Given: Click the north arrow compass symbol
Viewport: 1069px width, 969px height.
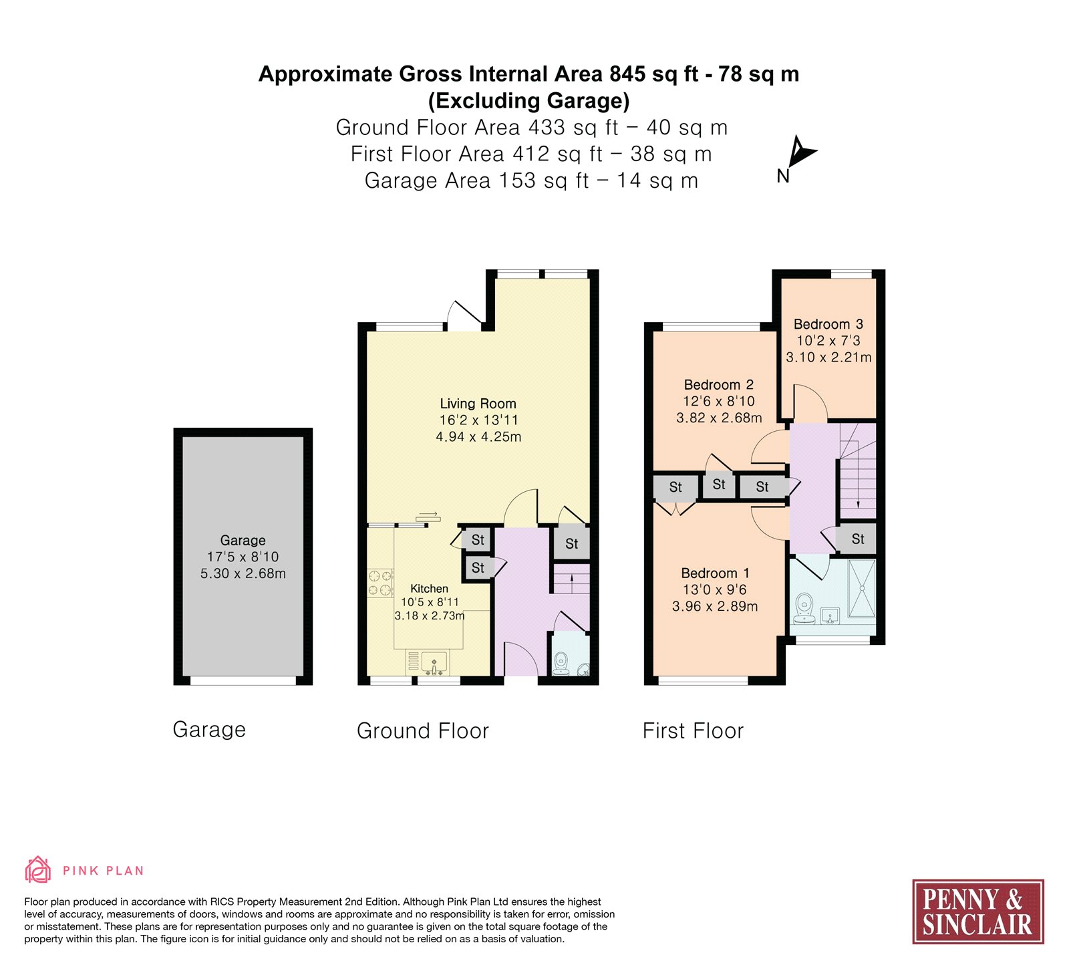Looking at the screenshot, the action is pos(800,152).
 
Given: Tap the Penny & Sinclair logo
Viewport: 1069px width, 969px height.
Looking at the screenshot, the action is pos(978,912).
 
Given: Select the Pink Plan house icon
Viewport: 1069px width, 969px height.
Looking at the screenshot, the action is pos(38,869).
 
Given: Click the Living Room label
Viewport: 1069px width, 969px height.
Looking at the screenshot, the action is pos(478,404).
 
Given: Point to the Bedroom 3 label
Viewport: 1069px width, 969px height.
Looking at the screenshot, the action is pos(828,324).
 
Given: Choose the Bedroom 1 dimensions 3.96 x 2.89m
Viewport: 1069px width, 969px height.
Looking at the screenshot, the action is pos(715,607).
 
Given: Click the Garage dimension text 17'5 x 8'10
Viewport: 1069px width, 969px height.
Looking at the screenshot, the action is pos(243,557).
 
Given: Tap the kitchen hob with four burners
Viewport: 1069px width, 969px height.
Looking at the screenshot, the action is pos(380,582).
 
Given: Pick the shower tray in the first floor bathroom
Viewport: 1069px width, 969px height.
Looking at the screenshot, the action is pos(861,589).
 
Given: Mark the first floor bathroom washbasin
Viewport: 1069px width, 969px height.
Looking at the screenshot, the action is pos(830,615).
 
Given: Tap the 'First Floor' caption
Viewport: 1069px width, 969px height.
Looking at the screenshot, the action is pos(693,731).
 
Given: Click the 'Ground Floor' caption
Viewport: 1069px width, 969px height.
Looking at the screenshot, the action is pos(423,731).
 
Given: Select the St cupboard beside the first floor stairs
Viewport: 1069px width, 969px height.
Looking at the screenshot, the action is pos(858,539).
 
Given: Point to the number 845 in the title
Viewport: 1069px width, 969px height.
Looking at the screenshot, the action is pos(628,74).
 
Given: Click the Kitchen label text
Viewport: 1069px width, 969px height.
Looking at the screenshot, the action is pos(429,589).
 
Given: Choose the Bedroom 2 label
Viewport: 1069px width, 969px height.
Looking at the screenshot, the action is pos(719,385).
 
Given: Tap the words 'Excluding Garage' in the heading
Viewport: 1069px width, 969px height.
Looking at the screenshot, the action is pos(529,101).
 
